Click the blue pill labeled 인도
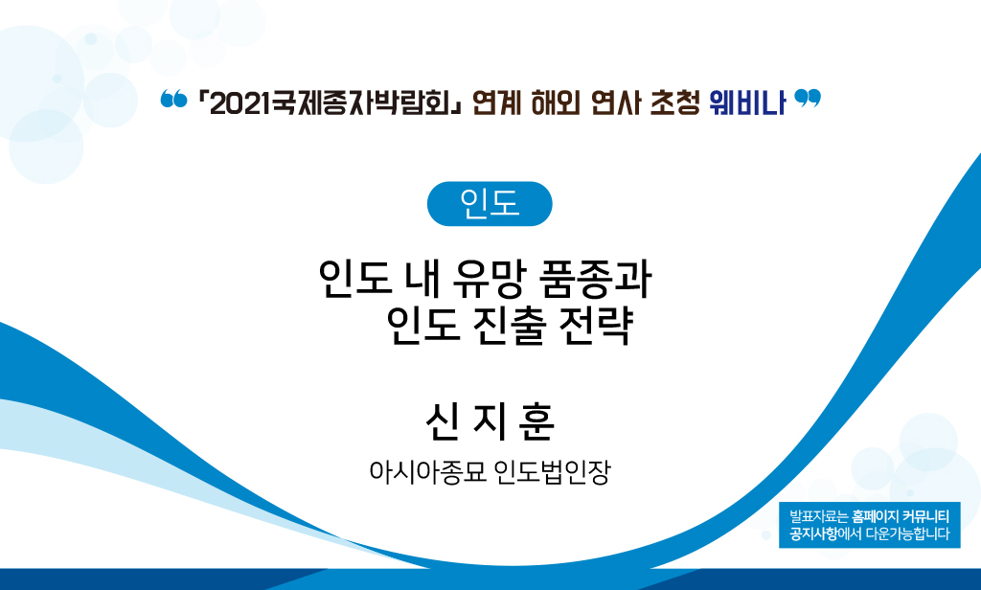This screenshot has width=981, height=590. click(490, 203)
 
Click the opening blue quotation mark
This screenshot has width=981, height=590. click(173, 99)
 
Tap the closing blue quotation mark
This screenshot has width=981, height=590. click(807, 99)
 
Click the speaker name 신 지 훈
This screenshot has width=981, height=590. click(490, 422)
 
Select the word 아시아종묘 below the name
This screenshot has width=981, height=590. click(427, 472)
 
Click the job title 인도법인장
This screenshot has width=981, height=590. click(552, 472)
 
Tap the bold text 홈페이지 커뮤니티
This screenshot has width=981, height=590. click(901, 517)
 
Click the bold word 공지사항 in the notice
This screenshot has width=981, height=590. click(813, 534)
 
